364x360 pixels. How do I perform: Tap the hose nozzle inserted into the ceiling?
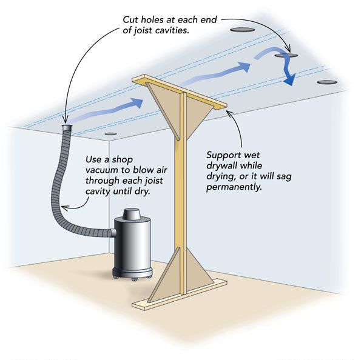[x=67, y=128]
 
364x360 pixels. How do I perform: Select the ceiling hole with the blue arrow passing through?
[x=285, y=56]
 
